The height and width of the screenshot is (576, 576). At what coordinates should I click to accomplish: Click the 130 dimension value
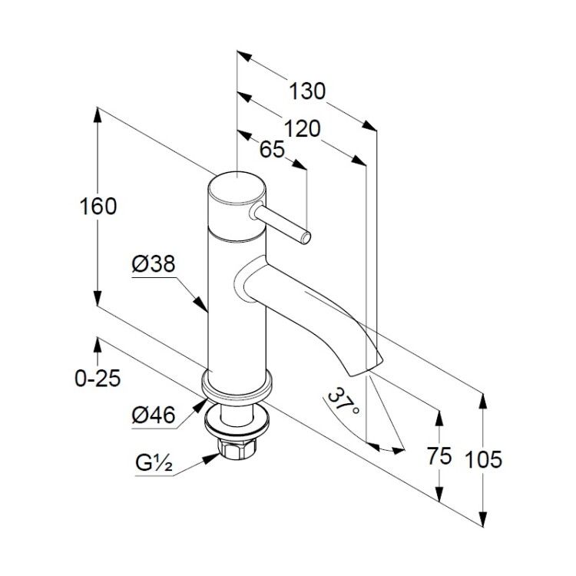[x=307, y=91]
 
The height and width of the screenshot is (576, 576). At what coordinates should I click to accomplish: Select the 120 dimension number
[x=303, y=129]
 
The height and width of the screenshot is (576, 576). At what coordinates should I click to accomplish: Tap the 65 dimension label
[x=272, y=149]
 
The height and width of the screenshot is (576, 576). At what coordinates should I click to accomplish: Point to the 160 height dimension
[x=98, y=206]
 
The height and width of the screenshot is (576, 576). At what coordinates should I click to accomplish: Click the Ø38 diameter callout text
[x=154, y=263]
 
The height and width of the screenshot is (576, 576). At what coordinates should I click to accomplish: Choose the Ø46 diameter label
[x=154, y=415]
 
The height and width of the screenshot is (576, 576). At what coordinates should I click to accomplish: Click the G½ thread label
[x=154, y=463]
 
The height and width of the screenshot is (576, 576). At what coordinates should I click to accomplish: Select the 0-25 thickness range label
[x=98, y=378]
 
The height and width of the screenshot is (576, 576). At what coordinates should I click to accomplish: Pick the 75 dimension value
[x=439, y=456]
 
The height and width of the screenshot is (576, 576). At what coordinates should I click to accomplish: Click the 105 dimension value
[x=483, y=459]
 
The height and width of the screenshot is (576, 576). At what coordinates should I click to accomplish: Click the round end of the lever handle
[x=306, y=238]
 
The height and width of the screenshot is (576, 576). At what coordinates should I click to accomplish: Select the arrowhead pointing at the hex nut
[x=213, y=458]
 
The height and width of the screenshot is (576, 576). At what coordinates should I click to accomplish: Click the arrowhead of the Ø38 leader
[x=200, y=303]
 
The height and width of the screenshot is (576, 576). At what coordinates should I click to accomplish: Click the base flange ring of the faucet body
[x=237, y=386]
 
